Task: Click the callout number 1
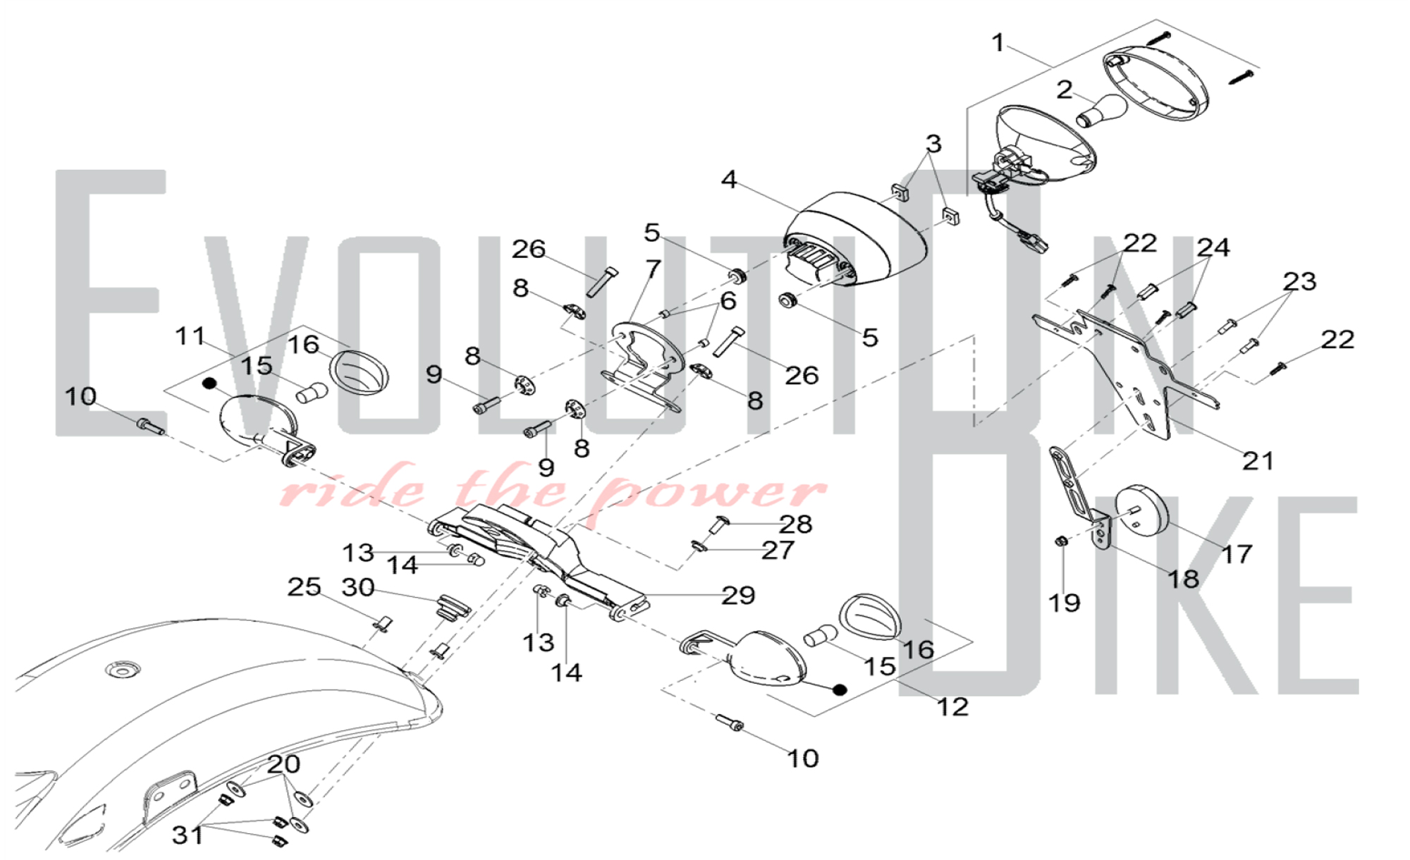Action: tap(998, 43)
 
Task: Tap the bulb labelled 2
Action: tap(1102, 111)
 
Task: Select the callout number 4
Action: tap(729, 180)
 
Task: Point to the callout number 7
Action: tap(654, 269)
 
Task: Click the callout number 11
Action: tap(190, 336)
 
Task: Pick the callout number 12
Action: tap(952, 706)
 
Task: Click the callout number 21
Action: tap(1258, 461)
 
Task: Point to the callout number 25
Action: tap(304, 587)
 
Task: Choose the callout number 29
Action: tap(738, 596)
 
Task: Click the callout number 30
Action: tap(357, 587)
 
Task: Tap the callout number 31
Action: tap(188, 835)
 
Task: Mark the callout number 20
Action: tap(283, 763)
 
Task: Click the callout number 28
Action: tap(796, 524)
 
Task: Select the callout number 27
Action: tap(778, 550)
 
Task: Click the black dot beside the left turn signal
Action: tap(209, 383)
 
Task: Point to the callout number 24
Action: tap(1213, 247)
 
